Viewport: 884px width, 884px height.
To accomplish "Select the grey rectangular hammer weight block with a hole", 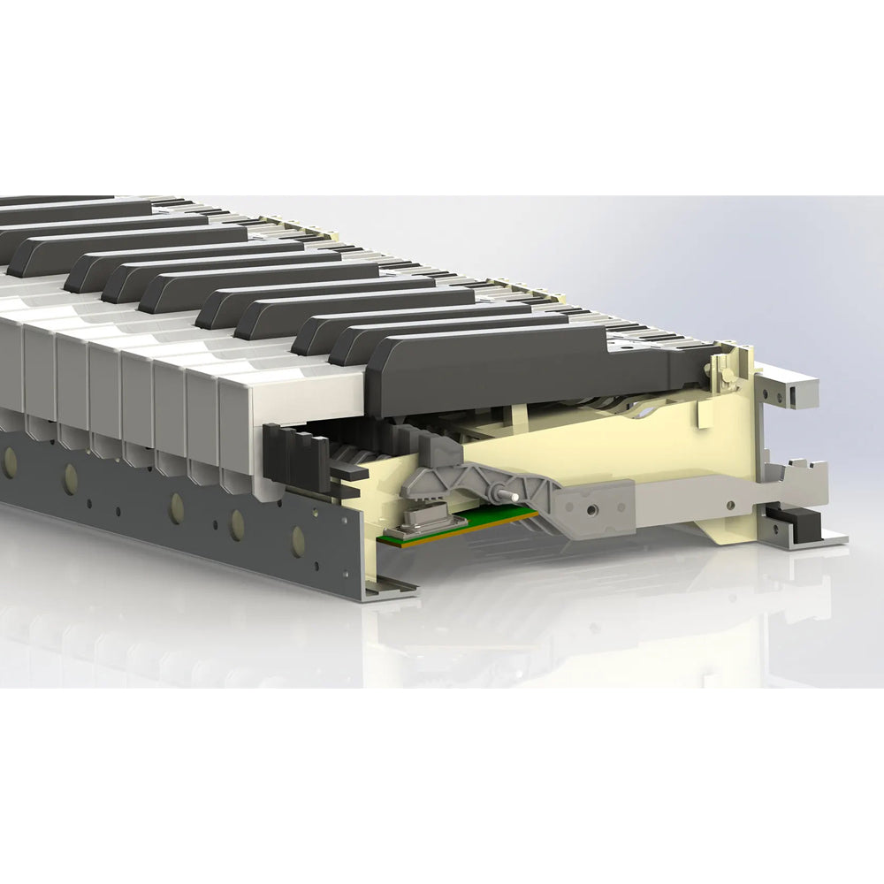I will (x=594, y=508).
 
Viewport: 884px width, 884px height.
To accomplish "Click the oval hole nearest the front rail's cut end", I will (x=297, y=540).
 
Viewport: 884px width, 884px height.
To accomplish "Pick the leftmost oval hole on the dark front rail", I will (x=11, y=461).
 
